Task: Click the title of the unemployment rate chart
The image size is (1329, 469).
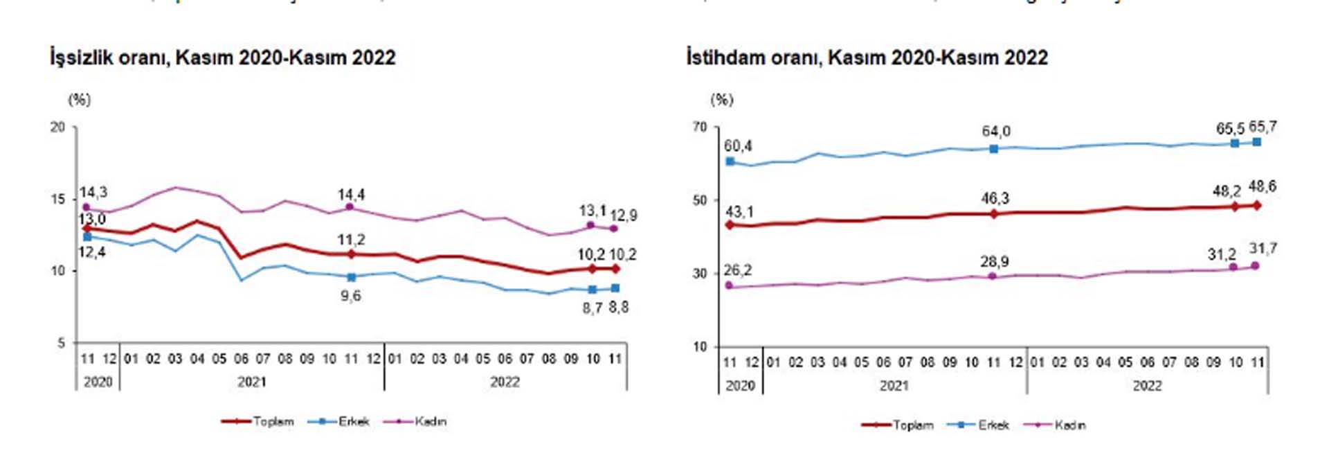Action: tap(222, 57)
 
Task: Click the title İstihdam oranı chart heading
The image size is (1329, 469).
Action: tap(867, 57)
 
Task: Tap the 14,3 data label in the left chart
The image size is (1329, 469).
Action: tap(93, 193)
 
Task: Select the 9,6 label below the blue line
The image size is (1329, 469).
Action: tap(350, 296)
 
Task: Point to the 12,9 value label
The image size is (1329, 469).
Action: tap(623, 215)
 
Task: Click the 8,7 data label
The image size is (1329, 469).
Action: tap(593, 308)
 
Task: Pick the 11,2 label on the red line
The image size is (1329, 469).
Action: tap(351, 240)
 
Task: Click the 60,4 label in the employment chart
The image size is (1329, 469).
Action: tap(738, 146)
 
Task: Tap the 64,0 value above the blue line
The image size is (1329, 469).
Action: tap(995, 132)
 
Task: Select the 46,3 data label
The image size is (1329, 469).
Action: tap(995, 199)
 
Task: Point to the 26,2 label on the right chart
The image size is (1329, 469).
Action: tap(738, 270)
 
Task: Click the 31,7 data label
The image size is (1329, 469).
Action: tap(1263, 249)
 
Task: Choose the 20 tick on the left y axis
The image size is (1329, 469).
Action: tap(57, 127)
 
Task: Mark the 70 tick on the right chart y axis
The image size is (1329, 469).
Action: tap(700, 127)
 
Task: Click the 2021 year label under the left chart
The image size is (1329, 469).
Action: tap(251, 382)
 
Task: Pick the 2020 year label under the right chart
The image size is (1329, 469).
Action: tap(740, 386)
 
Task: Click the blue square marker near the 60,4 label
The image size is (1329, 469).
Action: tap(730, 161)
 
